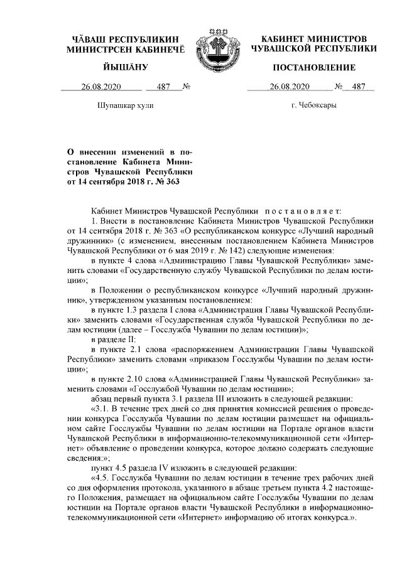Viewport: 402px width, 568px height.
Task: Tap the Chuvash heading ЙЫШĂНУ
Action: (126, 67)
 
